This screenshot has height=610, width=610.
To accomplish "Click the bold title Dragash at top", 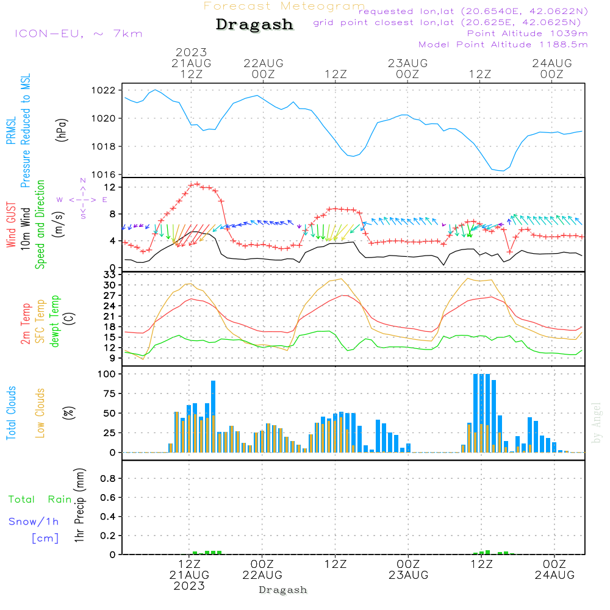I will point(254,25).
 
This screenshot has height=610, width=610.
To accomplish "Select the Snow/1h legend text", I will point(34,522).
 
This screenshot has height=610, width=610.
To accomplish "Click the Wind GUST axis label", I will point(12,226).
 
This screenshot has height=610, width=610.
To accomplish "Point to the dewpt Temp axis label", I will point(56,321).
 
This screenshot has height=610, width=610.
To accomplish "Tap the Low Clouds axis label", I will point(41,413).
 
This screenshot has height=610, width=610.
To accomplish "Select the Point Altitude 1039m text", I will point(527,33).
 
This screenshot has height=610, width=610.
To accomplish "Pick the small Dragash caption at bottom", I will point(282,590).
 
